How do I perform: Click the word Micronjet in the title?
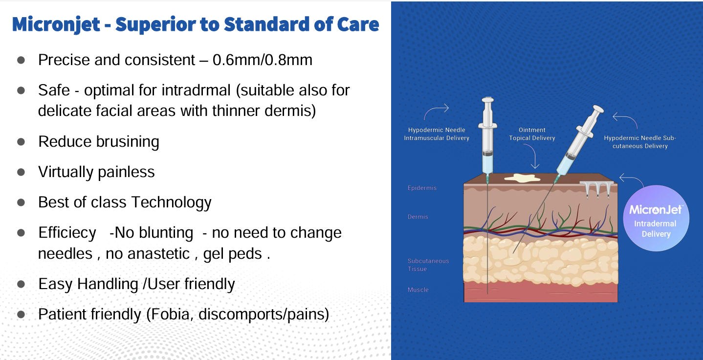tap(56, 24)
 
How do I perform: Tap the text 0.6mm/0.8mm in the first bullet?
tap(263, 60)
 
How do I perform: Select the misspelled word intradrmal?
tap(196, 90)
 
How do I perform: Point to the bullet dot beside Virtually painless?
tap(21, 172)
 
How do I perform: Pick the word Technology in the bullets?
tap(172, 202)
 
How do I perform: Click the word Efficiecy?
tap(67, 233)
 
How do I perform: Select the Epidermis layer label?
tap(422, 188)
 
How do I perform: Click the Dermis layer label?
tap(417, 217)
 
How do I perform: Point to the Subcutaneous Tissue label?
tap(428, 265)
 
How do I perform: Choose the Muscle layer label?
tap(418, 290)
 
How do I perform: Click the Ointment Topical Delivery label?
tap(532, 134)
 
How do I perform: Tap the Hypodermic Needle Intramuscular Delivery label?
tap(437, 134)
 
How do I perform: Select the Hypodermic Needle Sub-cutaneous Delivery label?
tap(640, 142)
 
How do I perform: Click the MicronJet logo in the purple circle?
tap(656, 209)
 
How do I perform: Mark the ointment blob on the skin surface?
tap(522, 178)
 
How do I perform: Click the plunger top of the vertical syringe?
tap(488, 100)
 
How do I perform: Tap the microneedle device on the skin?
tap(596, 189)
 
